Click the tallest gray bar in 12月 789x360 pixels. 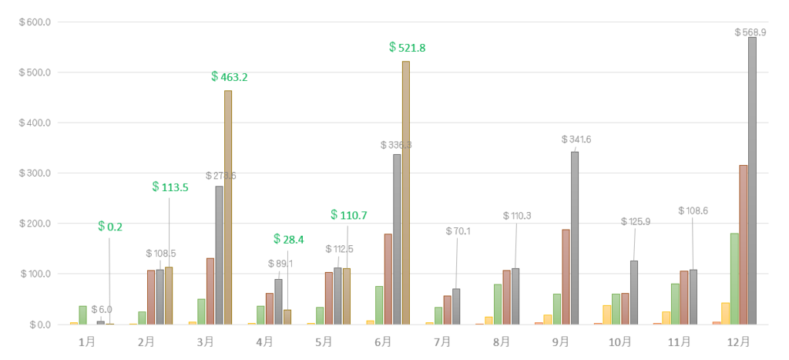coord(752,181)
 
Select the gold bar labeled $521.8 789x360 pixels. coord(406,193)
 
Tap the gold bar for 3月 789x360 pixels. coord(228,207)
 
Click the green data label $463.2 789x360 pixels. coord(230,77)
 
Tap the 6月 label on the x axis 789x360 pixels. coord(382,341)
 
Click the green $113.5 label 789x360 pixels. coord(170,187)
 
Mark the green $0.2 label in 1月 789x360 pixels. coord(110,227)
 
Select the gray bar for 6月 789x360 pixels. coord(397,239)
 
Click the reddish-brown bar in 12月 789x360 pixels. coord(744,244)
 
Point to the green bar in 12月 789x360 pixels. coord(734,278)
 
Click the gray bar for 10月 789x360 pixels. coord(634,292)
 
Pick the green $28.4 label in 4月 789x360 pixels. coord(289,240)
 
